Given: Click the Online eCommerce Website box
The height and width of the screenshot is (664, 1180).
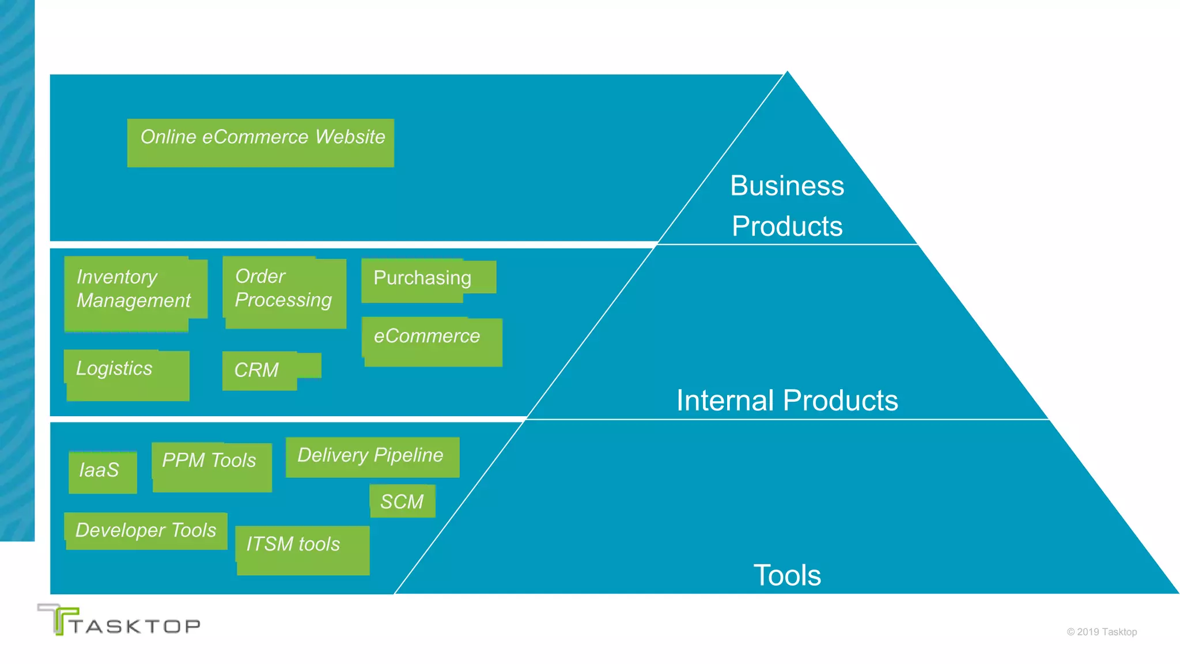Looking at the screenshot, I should point(260,143).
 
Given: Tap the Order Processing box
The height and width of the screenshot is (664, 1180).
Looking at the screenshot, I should point(285,292).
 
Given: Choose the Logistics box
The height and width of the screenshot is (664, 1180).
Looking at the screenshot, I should point(127,375).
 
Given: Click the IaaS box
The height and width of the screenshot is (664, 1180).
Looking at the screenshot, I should point(103,472).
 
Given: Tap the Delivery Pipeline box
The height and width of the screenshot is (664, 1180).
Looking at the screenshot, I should point(372,457).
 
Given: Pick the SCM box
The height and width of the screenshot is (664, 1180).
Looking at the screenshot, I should point(402,501).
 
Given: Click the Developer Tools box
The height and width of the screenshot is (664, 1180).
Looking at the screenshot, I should point(146,531).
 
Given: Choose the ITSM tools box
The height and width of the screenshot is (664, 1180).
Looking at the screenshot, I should point(302,549).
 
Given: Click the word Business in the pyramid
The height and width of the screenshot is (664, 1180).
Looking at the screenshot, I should point(787,186).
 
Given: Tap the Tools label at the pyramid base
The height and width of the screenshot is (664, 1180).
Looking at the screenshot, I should point(787,575).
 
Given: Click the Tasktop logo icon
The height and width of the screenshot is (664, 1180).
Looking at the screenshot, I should point(58,620).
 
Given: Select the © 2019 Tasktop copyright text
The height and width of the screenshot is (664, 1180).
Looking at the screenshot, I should point(1102,632).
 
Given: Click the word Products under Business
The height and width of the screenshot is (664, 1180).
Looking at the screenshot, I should point(787,227).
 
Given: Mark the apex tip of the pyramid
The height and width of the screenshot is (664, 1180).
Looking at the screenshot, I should point(787,73).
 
